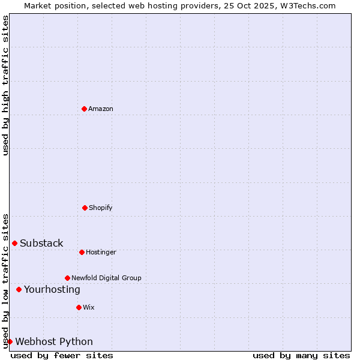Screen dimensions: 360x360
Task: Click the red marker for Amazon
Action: pos(84,109)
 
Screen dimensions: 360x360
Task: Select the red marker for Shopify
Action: pos(85,208)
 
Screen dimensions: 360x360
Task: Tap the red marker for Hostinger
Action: pos(82,252)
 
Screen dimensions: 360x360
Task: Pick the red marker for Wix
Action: pos(79,307)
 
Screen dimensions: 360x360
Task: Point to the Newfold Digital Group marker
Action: pos(67,278)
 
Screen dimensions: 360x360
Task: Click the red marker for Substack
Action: pos(14,243)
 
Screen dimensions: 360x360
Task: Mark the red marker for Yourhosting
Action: pos(19,289)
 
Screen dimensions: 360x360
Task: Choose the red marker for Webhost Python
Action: pos(10,341)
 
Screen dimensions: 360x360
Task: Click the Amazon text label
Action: pos(101,109)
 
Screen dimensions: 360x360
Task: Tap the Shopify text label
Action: pos(101,208)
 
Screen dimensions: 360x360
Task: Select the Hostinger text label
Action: pos(101,252)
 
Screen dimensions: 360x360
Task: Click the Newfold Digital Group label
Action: pos(106,278)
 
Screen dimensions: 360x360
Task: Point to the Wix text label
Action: pos(89,307)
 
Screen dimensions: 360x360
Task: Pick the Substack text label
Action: pos(41,243)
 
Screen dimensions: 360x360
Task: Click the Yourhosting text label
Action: pos(52,289)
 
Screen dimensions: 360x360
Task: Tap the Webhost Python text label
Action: pos(54,341)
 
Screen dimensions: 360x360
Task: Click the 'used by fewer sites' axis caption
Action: pos(62,355)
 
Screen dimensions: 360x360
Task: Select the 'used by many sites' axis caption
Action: pos(301,355)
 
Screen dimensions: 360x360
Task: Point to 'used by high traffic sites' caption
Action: pos(5,85)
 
